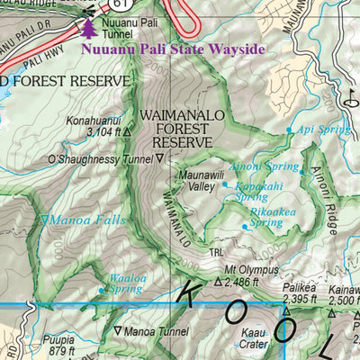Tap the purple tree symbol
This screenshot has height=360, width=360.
[x=88, y=29]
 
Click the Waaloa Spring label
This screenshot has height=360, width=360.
[x=127, y=283]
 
